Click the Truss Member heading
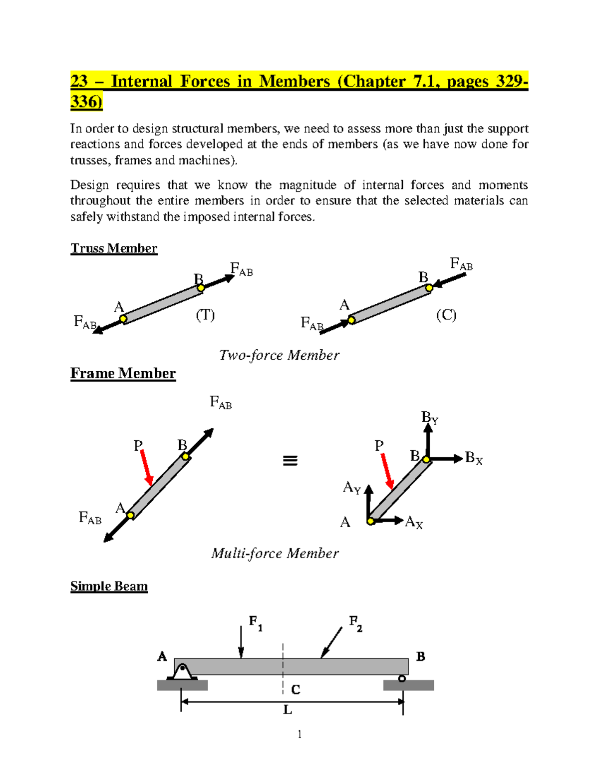click(114, 248)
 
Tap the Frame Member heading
click(123, 373)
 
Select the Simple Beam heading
click(109, 586)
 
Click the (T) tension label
click(205, 315)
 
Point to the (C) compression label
click(446, 315)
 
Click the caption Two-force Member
click(279, 355)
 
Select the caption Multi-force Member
click(275, 553)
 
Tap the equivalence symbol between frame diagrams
click(290, 461)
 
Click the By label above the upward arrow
click(429, 418)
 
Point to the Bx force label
click(473, 458)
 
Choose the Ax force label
click(414, 523)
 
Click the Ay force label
click(351, 487)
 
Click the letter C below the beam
click(296, 690)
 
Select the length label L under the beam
click(288, 710)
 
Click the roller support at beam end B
click(402, 679)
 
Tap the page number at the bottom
click(299, 734)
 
